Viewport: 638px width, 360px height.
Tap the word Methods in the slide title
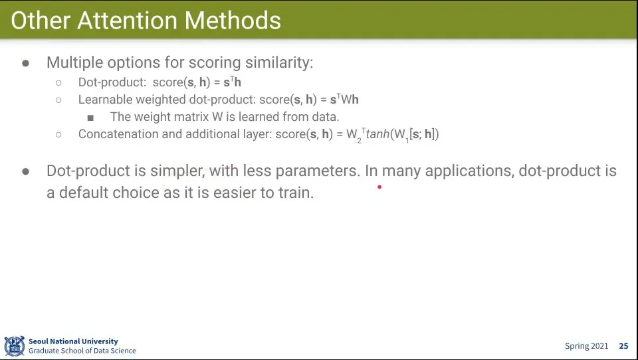click(x=233, y=21)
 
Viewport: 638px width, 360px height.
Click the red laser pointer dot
click(x=379, y=187)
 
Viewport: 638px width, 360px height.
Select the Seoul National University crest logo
click(x=14, y=346)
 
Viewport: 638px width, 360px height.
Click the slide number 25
click(x=623, y=346)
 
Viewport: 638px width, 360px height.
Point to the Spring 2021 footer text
click(x=586, y=346)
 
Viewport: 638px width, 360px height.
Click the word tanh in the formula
click(x=377, y=134)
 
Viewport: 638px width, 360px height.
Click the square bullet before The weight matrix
click(x=90, y=118)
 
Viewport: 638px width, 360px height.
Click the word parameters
click(x=318, y=171)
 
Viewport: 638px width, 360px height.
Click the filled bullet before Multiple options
click(x=26, y=63)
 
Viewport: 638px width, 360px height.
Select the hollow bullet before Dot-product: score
click(x=58, y=82)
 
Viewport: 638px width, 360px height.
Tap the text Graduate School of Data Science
click(x=82, y=351)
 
